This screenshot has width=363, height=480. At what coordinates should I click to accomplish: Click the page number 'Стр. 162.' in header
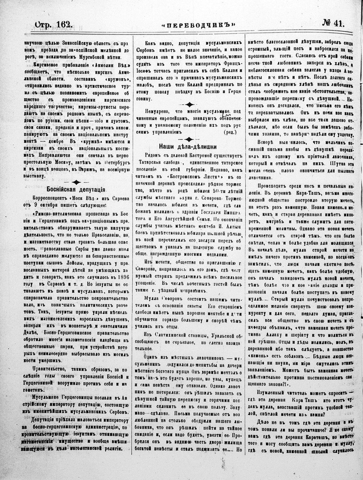click(x=53, y=23)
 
